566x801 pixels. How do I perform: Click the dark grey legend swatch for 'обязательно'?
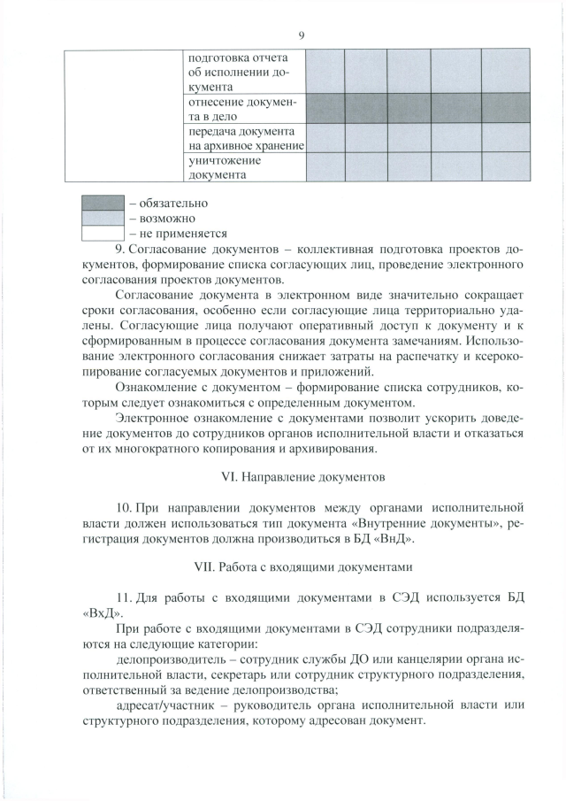[102, 203]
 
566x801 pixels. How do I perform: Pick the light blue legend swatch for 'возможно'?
[102, 218]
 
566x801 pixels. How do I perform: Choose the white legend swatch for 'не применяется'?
[102, 233]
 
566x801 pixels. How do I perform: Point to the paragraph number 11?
[124, 597]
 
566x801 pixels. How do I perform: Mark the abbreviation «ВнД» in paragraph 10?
[388, 537]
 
